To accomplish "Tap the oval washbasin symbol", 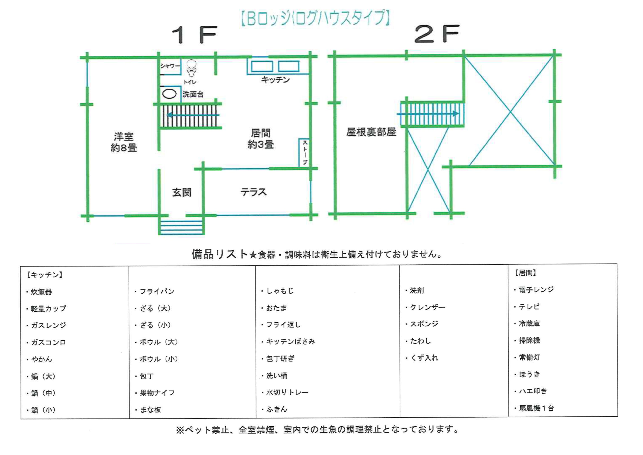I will click(169, 94).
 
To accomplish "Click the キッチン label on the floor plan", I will click(275, 80).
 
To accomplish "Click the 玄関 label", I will click(182, 193).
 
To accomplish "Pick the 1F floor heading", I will click(194, 35).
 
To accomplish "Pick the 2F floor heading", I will click(437, 34).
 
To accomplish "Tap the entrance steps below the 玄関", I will click(181, 227).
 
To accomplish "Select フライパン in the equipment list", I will click(157, 292).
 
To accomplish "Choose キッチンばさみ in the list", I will click(290, 341).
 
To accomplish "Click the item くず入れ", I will click(424, 358).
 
